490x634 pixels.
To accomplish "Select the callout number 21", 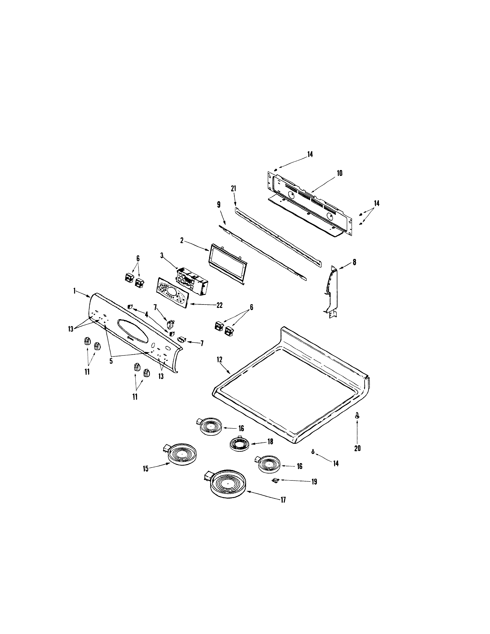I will (x=233, y=189).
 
